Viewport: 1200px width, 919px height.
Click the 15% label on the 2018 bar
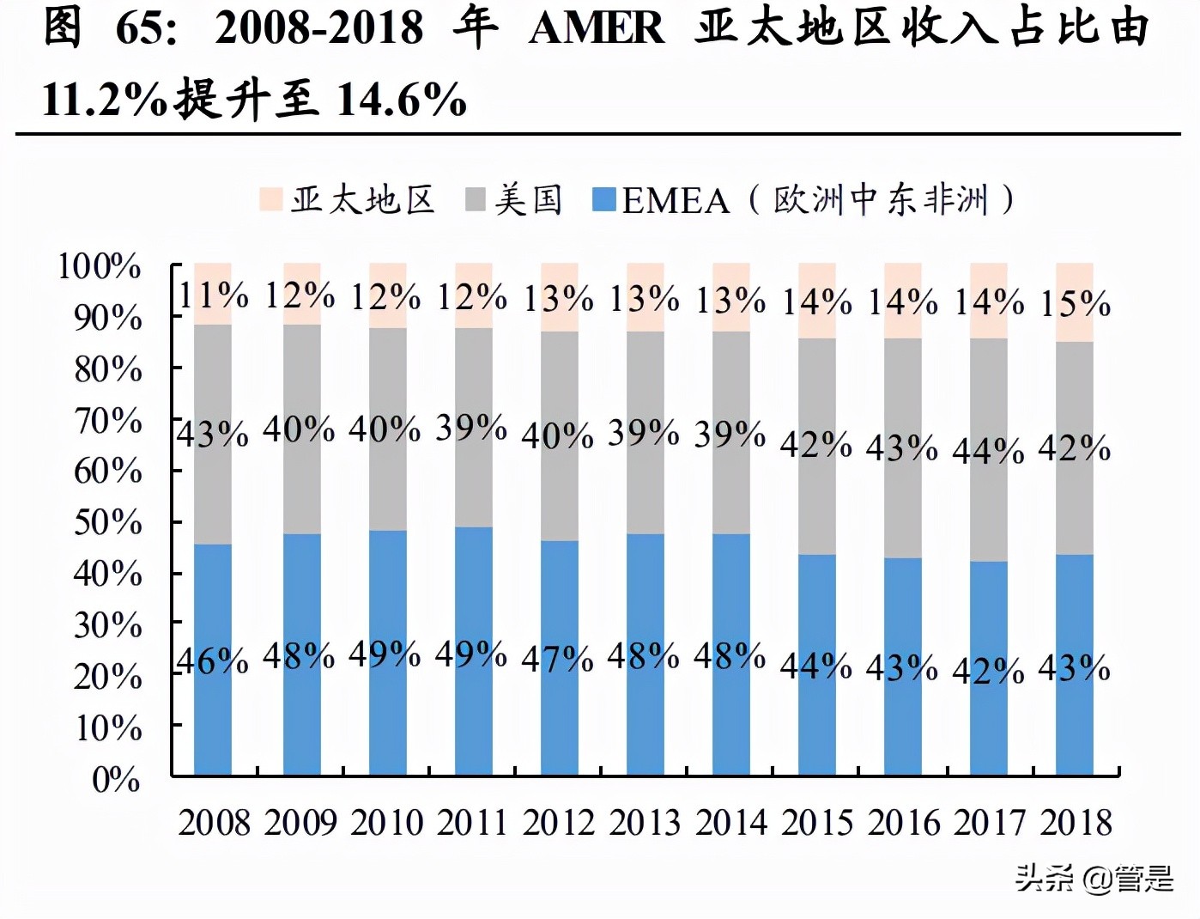(1075, 304)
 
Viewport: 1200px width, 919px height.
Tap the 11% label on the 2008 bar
(213, 296)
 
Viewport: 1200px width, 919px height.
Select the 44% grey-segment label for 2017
(988, 450)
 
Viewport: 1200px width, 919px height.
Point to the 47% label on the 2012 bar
(558, 659)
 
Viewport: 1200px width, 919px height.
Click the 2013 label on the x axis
(644, 823)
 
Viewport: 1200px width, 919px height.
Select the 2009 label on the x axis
(300, 823)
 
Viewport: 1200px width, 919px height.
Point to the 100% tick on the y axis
(99, 266)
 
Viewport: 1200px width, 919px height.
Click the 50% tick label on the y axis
(107, 522)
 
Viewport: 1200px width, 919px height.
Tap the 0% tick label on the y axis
(116, 779)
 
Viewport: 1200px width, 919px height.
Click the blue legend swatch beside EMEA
(604, 200)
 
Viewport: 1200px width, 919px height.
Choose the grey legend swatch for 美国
(476, 200)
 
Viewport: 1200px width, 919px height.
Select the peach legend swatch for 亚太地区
(270, 200)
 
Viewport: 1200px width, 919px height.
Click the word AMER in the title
(596, 27)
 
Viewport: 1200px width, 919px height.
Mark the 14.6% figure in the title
(401, 100)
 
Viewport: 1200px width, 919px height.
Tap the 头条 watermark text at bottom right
(1044, 878)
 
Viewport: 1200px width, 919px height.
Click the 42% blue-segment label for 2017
(988, 671)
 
